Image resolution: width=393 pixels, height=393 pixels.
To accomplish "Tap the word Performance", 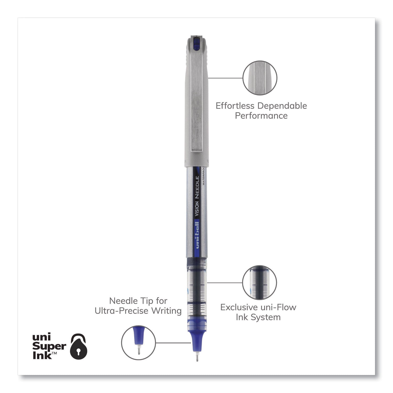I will (x=261, y=116).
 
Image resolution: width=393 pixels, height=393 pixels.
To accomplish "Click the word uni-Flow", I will (x=281, y=307).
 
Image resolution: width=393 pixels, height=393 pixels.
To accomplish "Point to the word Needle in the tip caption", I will (x=124, y=301).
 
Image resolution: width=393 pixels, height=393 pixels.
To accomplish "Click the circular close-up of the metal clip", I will (x=260, y=78).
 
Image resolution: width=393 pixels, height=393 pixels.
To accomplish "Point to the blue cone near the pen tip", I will (x=197, y=341).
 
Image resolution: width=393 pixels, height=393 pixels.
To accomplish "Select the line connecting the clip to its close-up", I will (x=225, y=78).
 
